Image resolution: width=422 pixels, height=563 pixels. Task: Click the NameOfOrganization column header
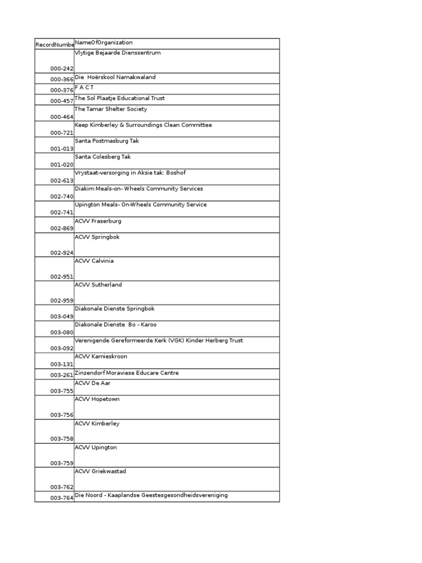[104, 43]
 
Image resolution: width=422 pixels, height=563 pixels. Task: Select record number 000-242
[62, 69]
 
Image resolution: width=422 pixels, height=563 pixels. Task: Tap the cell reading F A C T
[85, 88]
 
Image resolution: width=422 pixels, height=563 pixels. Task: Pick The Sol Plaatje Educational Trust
[120, 98]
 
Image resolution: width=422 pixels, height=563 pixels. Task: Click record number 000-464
[62, 117]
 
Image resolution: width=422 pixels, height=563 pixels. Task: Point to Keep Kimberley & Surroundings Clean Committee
[143, 125]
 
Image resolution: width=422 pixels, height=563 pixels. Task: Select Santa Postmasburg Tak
[107, 141]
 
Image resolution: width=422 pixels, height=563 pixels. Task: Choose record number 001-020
[62, 165]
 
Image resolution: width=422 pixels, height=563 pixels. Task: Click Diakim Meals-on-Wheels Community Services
[139, 189]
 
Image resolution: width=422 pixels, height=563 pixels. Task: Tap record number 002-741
[62, 212]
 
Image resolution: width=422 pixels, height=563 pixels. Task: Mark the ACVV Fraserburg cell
[98, 221]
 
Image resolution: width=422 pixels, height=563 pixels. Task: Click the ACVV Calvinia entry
[95, 261]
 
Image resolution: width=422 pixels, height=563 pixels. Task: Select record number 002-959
[62, 301]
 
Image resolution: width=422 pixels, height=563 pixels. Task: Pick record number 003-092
[62, 349]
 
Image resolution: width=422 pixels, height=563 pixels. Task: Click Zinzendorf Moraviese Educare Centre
[127, 373]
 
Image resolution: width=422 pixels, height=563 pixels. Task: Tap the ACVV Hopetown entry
[97, 400]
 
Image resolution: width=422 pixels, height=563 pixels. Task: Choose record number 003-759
[62, 463]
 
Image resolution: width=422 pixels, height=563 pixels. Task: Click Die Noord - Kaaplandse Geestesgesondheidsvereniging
[151, 495]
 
